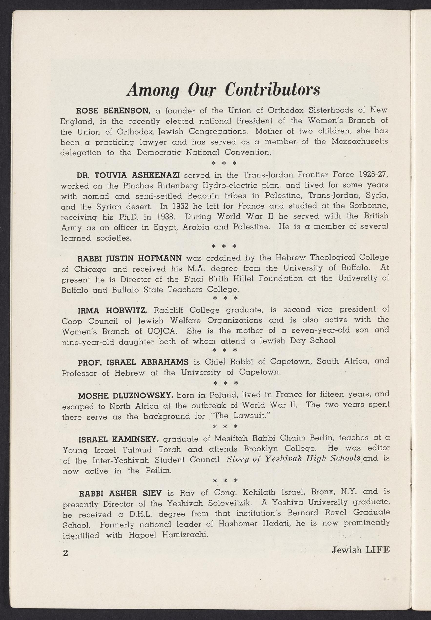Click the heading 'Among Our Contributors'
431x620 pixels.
(223, 90)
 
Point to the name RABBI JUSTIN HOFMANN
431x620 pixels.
(129, 258)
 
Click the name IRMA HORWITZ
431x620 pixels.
(112, 310)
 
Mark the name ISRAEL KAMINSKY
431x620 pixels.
(118, 439)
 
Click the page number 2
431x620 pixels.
(65, 553)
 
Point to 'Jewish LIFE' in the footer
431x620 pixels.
(360, 549)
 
